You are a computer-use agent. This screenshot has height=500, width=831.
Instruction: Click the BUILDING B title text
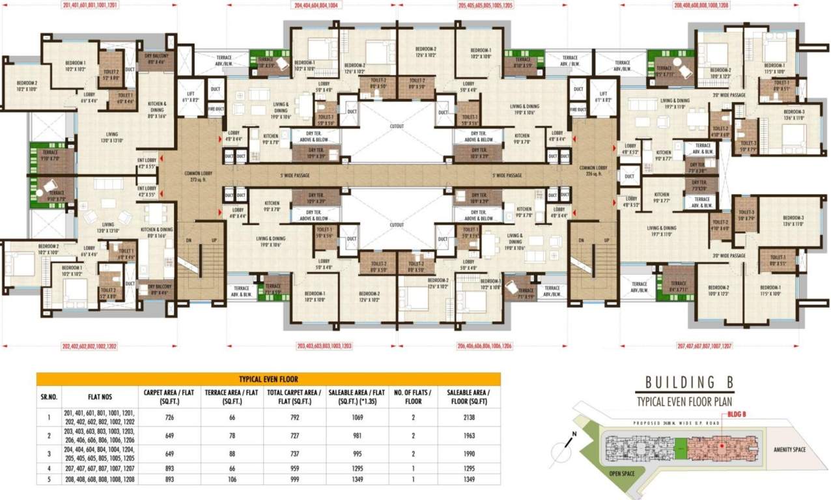tap(690, 382)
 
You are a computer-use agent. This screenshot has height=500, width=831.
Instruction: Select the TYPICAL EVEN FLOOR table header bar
tap(268, 379)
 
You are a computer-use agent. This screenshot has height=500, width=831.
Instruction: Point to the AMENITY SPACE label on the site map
tap(791, 449)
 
